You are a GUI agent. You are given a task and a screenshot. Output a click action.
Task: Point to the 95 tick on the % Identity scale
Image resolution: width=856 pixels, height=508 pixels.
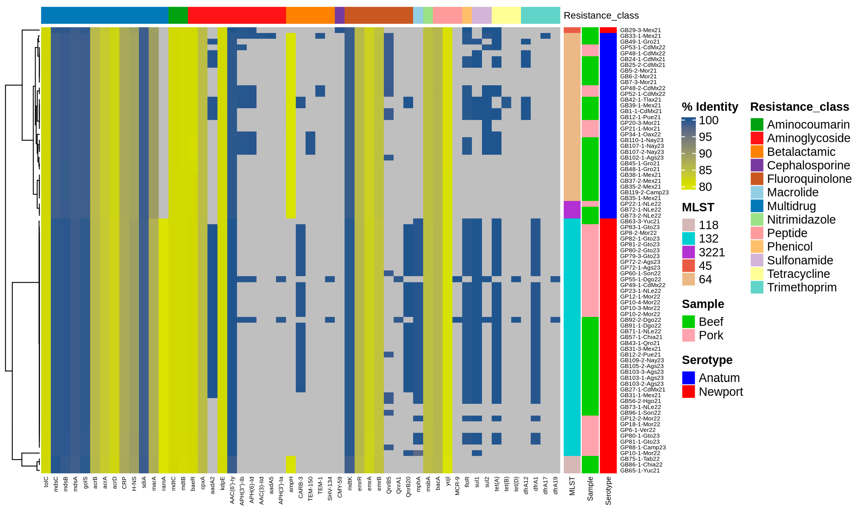pyautogui.click(x=705, y=137)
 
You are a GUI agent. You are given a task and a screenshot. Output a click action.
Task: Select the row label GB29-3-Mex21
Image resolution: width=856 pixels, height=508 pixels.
pyautogui.click(x=640, y=30)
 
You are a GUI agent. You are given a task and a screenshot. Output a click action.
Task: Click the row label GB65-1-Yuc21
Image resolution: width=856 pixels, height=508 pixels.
pyautogui.click(x=640, y=470)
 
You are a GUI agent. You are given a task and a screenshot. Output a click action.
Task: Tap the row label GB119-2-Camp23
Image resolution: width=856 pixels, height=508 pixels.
pyautogui.click(x=644, y=192)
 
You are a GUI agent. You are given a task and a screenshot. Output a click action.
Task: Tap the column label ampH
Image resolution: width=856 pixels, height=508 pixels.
pyautogui.click(x=291, y=484)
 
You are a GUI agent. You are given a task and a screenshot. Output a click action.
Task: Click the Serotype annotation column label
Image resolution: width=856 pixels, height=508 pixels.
pyautogui.click(x=608, y=491)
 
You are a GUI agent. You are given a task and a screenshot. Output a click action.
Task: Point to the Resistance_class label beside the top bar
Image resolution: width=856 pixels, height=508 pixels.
pyautogui.click(x=601, y=15)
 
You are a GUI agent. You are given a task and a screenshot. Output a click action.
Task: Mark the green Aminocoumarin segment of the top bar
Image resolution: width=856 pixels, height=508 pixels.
pyautogui.click(x=178, y=15)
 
